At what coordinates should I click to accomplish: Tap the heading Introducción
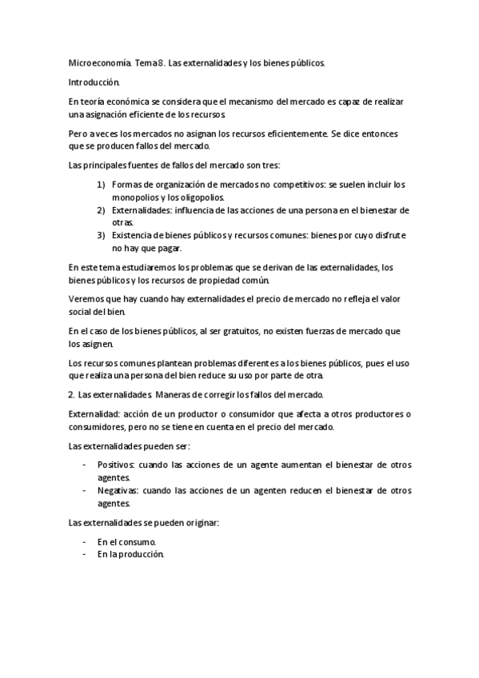(x=94, y=82)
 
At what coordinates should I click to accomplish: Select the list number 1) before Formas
(x=101, y=185)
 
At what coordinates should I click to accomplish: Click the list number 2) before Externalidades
(x=101, y=210)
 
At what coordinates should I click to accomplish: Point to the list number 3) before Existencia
(x=101, y=235)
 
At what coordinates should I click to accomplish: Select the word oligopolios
(x=203, y=197)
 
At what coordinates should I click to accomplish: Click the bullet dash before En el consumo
(x=85, y=542)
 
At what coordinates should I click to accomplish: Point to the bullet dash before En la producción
(x=85, y=555)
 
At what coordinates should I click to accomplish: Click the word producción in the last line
(x=141, y=555)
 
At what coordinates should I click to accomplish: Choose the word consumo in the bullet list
(x=135, y=542)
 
